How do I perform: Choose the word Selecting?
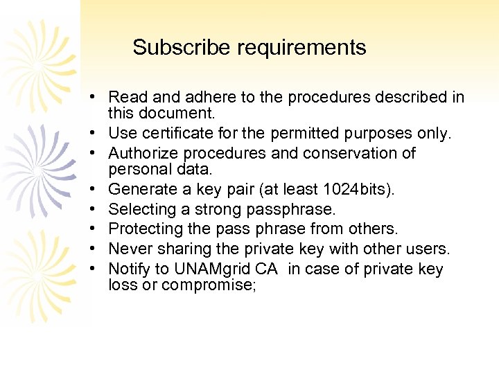pos(143,209)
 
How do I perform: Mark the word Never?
pos(129,249)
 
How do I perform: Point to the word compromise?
pos(207,285)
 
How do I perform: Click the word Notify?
pos(130,269)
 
